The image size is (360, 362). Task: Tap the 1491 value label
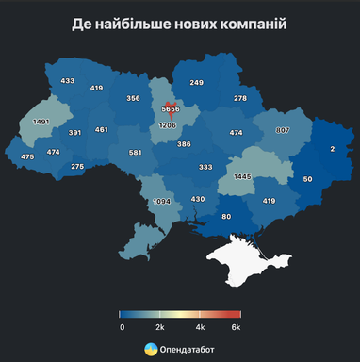[x=41, y=122]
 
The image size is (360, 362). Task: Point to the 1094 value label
[x=162, y=201]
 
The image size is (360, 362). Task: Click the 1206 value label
[x=168, y=125]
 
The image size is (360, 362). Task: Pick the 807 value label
[x=283, y=130]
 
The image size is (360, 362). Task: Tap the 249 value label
[x=196, y=83]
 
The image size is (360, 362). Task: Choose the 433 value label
[x=67, y=81]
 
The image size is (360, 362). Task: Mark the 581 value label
[x=136, y=152]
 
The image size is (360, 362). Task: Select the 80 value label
[x=226, y=218]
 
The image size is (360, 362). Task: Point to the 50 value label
[x=307, y=179]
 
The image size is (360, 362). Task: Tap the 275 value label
[x=77, y=167]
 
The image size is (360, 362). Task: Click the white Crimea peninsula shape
[x=241, y=258]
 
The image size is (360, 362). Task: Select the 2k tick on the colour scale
[x=160, y=326]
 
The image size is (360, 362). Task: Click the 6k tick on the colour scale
[x=237, y=326]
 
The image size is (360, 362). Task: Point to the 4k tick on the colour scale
[x=200, y=326]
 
